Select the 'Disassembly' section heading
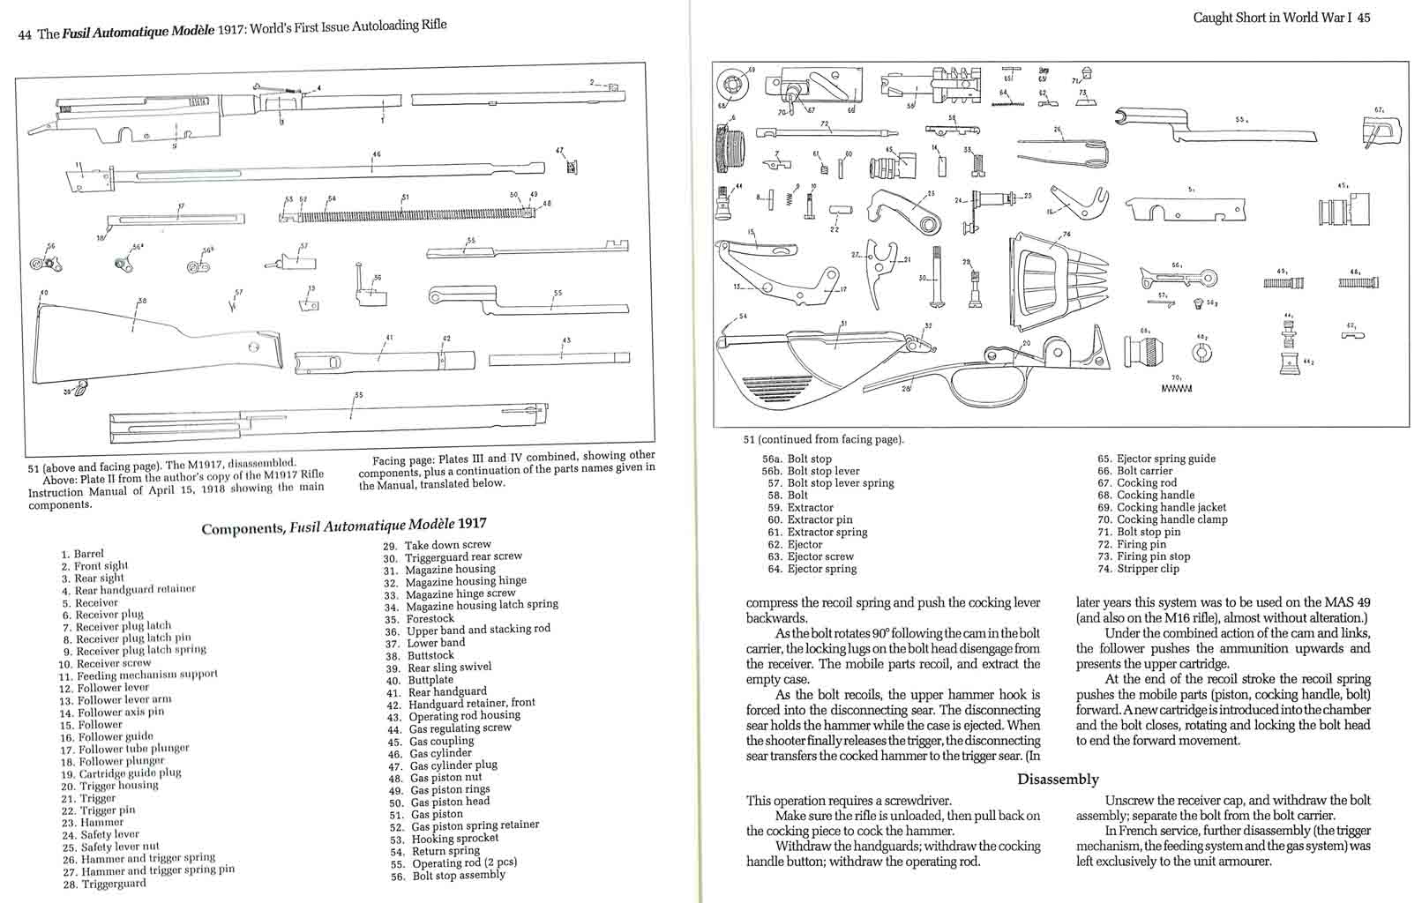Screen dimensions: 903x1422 (1058, 779)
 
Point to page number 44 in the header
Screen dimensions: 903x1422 (25, 34)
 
